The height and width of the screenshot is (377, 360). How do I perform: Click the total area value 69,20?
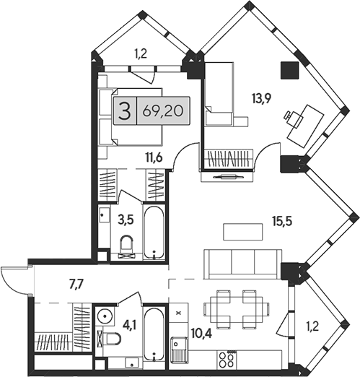tap(163, 112)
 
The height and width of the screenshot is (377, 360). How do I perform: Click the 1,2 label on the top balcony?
tap(143, 52)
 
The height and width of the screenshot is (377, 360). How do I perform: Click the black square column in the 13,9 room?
tap(290, 69)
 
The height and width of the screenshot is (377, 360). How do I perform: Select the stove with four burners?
tap(226, 357)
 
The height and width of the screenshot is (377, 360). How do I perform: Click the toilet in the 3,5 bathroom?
tap(128, 246)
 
